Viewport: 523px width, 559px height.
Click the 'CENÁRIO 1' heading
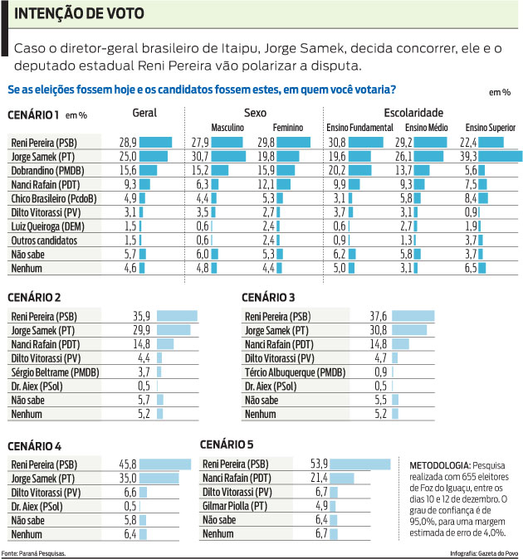pos(32,114)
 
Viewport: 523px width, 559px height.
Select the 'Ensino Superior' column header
pos(490,128)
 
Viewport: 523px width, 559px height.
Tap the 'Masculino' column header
pos(227,128)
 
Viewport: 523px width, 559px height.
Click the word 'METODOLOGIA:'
pos(436,466)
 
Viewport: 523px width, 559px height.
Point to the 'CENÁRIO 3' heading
pos(268,298)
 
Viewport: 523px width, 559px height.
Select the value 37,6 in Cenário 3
pos(378,316)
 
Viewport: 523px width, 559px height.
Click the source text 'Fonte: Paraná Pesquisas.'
pos(34,552)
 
